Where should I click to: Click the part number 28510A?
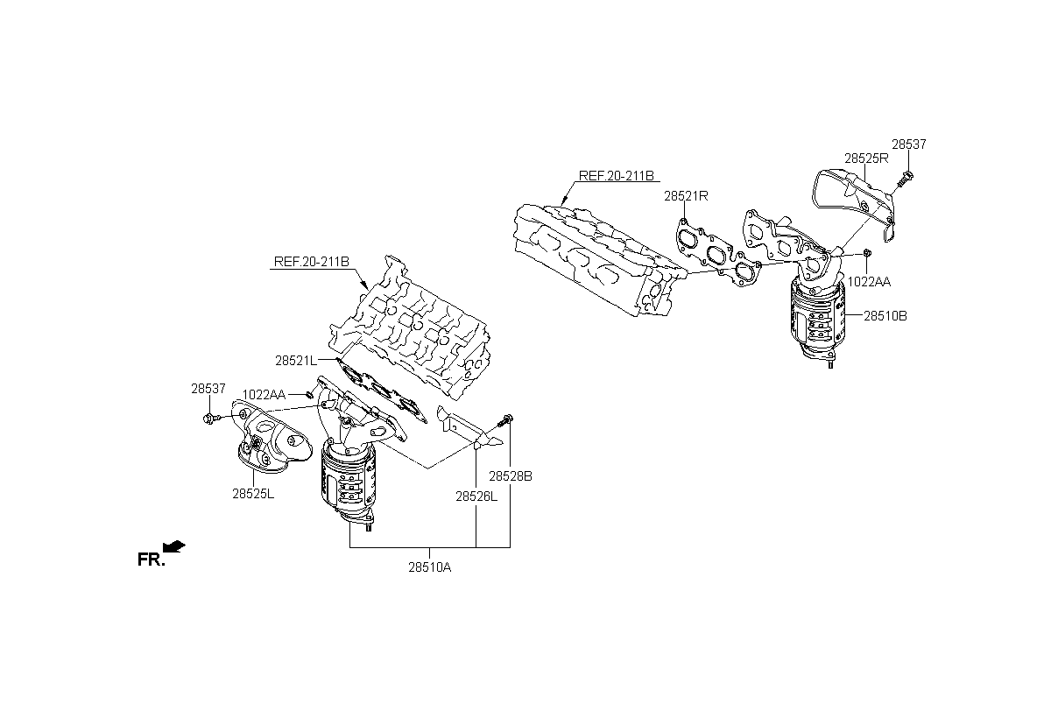(430, 567)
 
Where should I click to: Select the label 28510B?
(885, 316)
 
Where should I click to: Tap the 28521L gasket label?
(296, 361)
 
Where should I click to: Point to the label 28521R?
(686, 196)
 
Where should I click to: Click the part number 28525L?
(253, 494)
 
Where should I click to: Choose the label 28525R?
(866, 158)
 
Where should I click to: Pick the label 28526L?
(476, 496)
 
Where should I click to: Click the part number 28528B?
(511, 476)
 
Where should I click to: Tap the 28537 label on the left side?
(208, 388)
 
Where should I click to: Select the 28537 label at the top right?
(909, 144)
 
